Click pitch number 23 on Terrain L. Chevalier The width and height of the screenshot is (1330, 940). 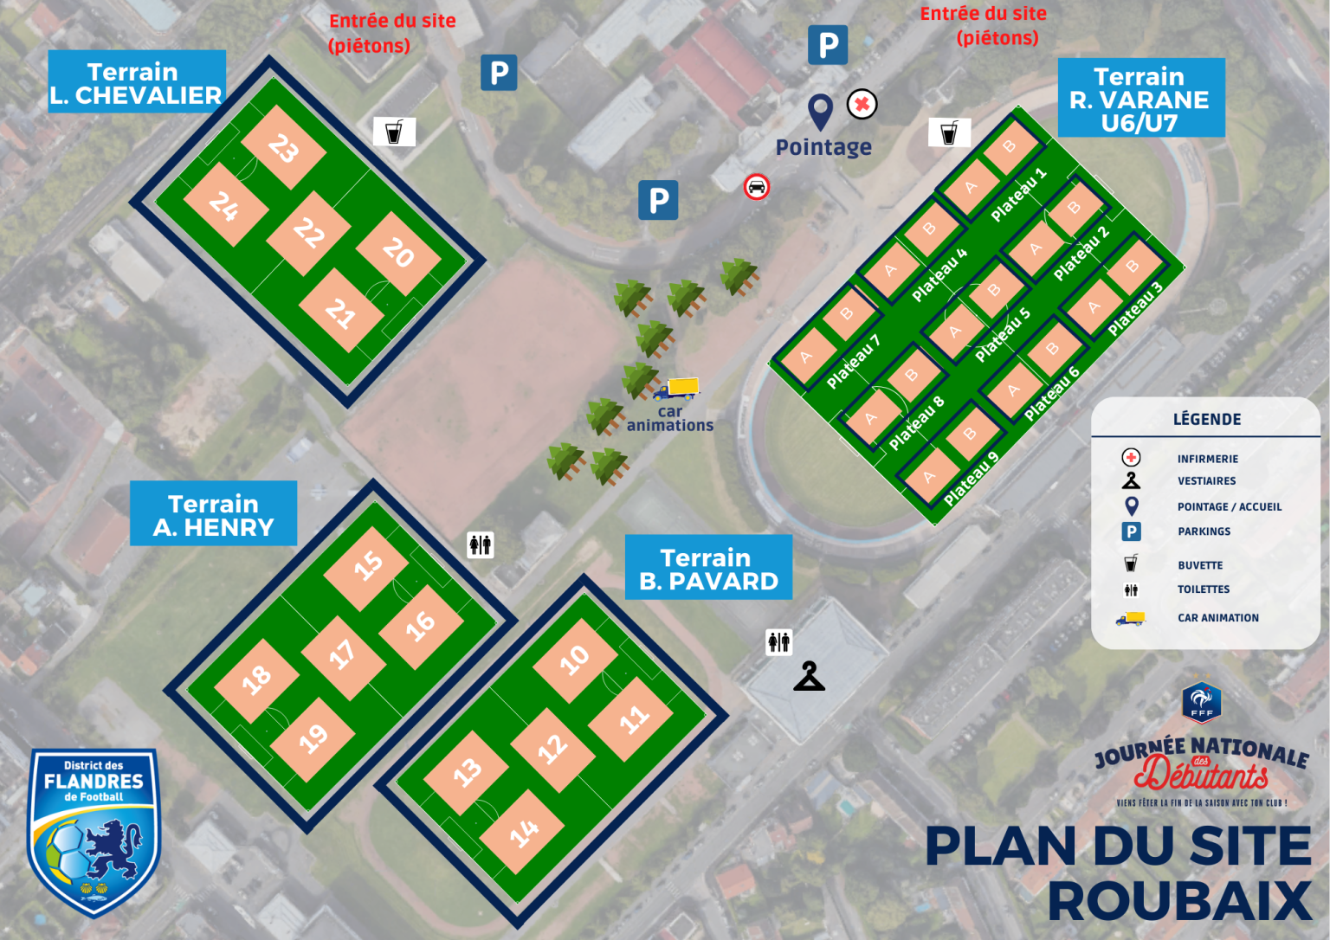(283, 147)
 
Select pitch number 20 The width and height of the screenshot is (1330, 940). (398, 252)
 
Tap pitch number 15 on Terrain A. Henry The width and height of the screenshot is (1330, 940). (367, 567)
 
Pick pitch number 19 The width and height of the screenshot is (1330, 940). (313, 738)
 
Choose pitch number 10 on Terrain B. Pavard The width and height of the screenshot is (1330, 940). (574, 660)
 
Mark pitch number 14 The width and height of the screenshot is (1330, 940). (523, 833)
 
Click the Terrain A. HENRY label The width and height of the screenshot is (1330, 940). (213, 514)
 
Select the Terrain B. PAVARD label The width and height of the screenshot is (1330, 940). (708, 568)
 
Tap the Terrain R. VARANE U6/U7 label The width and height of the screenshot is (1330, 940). (1140, 99)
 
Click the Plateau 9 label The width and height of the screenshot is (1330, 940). (971, 479)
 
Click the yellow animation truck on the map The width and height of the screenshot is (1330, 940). (676, 388)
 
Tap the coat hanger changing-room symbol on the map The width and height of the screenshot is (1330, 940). (809, 676)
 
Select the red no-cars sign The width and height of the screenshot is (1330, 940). (756, 186)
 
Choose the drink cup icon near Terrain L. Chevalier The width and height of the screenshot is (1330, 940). (394, 132)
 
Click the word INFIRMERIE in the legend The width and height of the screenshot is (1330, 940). (1207, 459)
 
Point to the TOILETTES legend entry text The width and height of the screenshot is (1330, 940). (1203, 589)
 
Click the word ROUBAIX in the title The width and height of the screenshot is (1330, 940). (1179, 901)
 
